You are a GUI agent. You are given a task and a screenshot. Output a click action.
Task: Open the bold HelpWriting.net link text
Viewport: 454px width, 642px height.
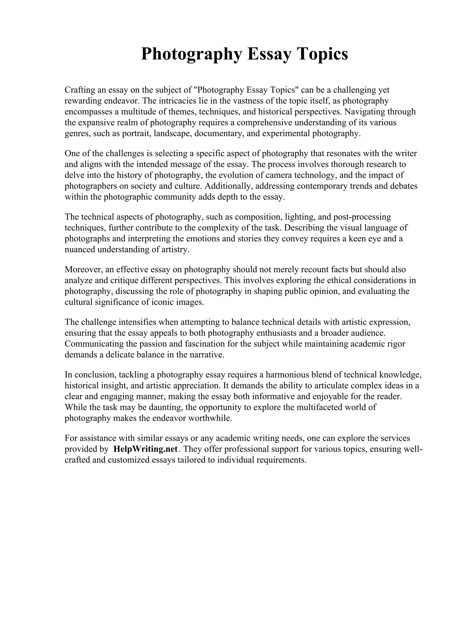point(145,449)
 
